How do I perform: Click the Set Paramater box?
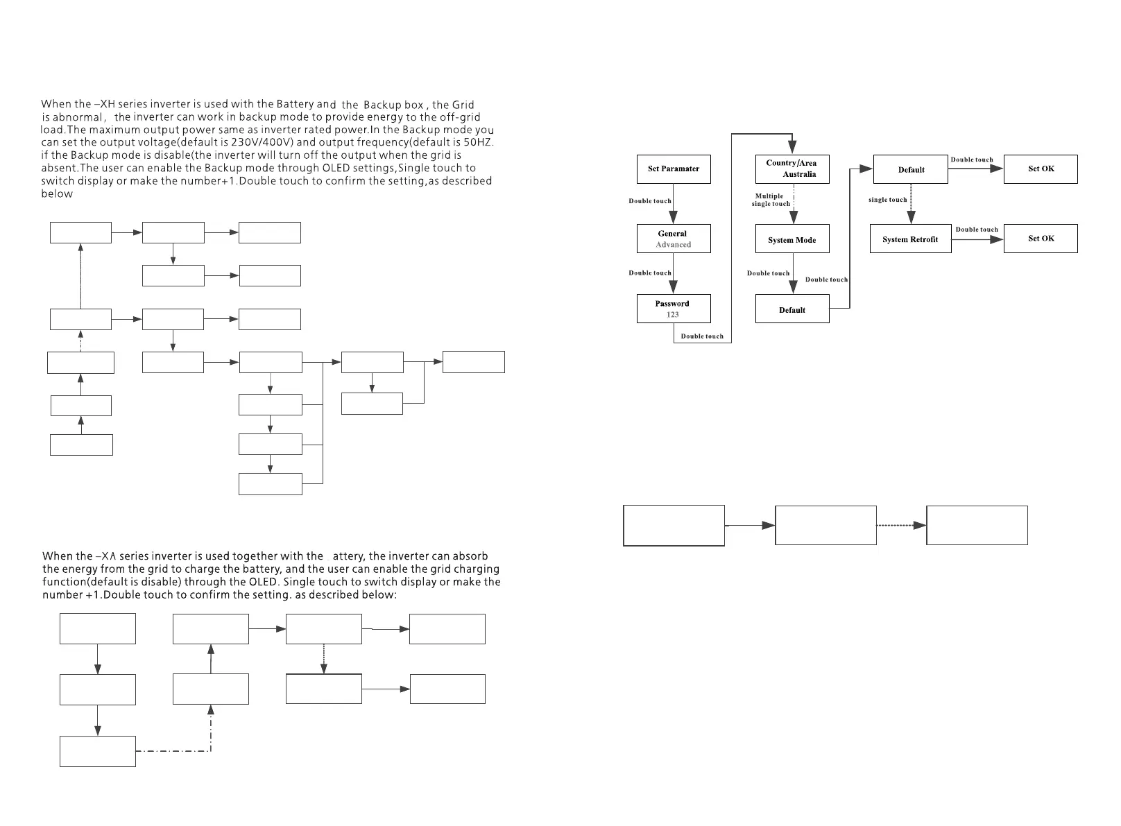[674, 169]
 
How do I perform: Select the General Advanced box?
[674, 239]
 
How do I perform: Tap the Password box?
[674, 309]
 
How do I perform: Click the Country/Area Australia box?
[792, 169]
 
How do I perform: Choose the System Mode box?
[792, 239]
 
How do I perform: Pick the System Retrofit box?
[910, 239]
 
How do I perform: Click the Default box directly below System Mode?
[792, 309]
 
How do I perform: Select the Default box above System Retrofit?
[910, 169]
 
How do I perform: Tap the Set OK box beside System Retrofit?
[1041, 239]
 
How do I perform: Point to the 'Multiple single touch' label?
[770, 200]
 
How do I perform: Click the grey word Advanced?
[674, 245]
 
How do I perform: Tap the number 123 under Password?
[673, 315]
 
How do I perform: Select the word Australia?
[799, 175]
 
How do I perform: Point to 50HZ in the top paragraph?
[478, 143]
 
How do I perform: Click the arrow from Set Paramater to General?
[674, 204]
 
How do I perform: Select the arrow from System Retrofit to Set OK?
[977, 239]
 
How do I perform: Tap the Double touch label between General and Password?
[650, 273]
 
